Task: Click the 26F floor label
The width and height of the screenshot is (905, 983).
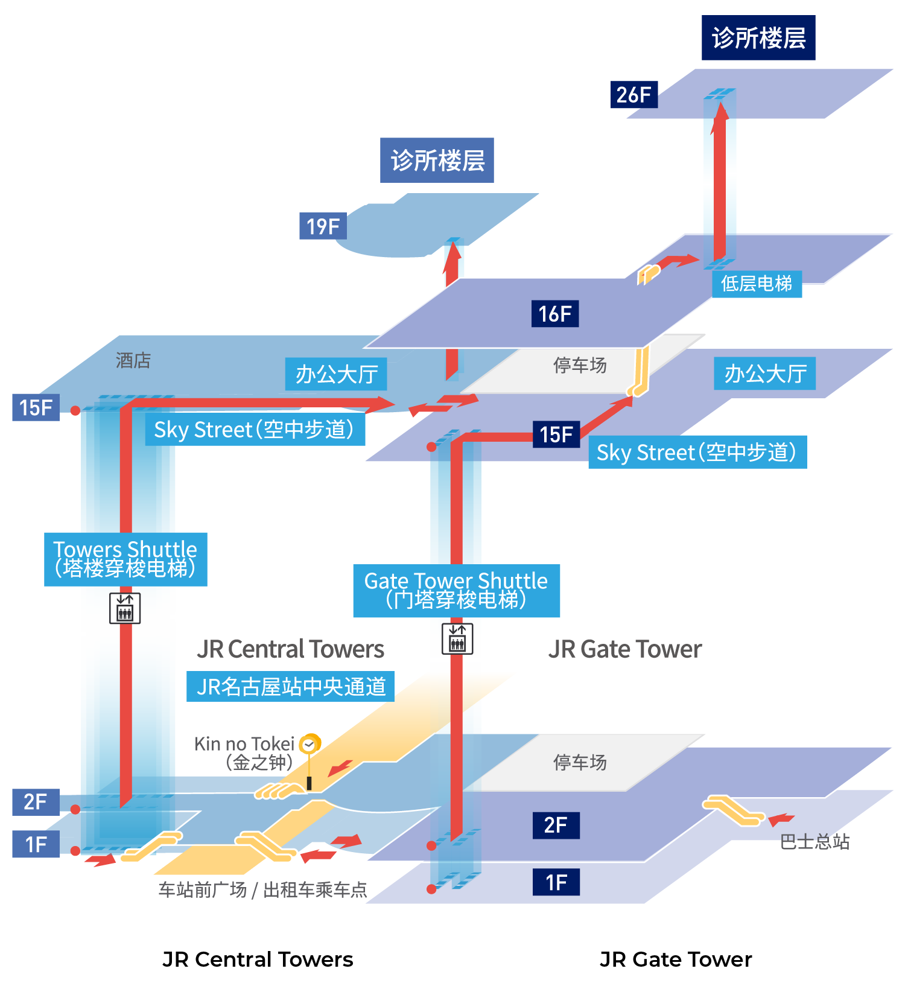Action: pyautogui.click(x=634, y=95)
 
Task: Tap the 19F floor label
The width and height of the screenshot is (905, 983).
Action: pyautogui.click(x=323, y=226)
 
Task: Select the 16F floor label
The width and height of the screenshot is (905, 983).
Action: pyautogui.click(x=554, y=314)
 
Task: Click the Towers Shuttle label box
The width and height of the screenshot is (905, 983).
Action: pyautogui.click(x=125, y=559)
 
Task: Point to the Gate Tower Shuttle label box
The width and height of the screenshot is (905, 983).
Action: pyautogui.click(x=456, y=590)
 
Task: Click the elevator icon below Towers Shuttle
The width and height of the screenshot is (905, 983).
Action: pyautogui.click(x=125, y=608)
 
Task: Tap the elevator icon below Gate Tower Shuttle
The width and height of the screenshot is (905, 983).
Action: pyautogui.click(x=457, y=638)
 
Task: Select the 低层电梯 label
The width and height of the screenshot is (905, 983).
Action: pyautogui.click(x=757, y=284)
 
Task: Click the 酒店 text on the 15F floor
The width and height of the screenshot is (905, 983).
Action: pyautogui.click(x=133, y=361)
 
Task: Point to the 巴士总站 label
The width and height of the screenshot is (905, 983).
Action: pyautogui.click(x=815, y=842)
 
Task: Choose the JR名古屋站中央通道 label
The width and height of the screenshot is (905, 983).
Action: pyautogui.click(x=290, y=687)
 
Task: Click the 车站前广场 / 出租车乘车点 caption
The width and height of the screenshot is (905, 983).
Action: pyautogui.click(x=262, y=890)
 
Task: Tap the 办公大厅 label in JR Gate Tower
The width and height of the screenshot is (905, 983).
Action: pyautogui.click(x=764, y=374)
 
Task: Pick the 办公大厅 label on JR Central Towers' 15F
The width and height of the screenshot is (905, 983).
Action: pyautogui.click(x=336, y=375)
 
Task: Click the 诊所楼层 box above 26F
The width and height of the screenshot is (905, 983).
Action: pyautogui.click(x=758, y=38)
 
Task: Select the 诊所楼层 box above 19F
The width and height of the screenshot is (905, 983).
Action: pyautogui.click(x=437, y=161)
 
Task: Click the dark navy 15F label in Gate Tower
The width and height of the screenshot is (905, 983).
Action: pyautogui.click(x=556, y=434)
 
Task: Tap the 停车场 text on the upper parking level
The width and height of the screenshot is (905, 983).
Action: pyautogui.click(x=580, y=365)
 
